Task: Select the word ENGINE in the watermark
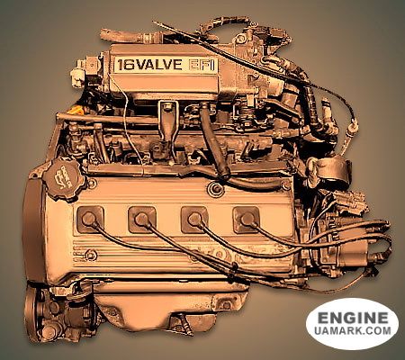(353, 319)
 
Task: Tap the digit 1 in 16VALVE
(120, 65)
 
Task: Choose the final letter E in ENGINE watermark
(385, 319)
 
